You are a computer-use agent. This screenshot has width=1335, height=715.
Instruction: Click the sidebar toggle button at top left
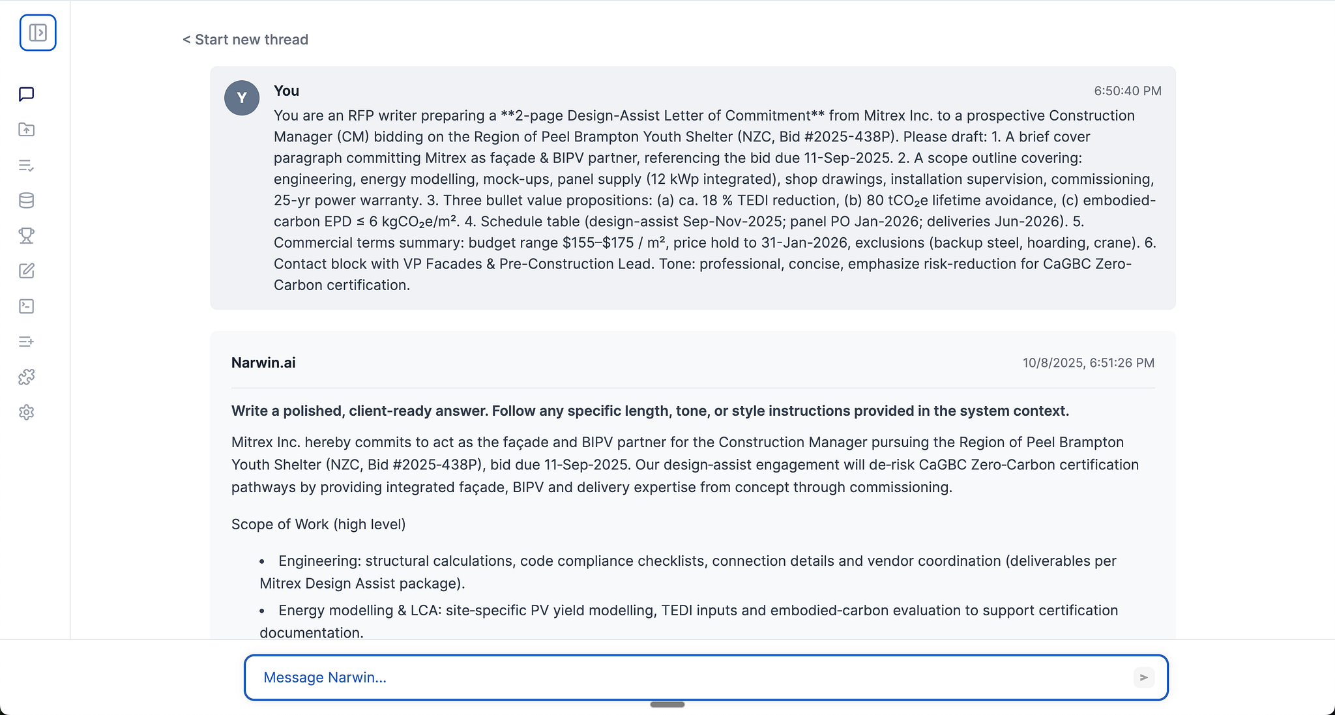tap(38, 33)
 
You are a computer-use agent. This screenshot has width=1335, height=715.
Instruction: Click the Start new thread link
tap(245, 40)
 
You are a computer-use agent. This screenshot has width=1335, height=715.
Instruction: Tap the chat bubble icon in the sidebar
tap(27, 95)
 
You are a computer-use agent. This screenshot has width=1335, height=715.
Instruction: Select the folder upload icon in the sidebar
tap(27, 130)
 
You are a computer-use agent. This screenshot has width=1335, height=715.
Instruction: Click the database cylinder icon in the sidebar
tap(27, 201)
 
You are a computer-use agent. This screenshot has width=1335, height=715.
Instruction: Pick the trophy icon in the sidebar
tap(27, 235)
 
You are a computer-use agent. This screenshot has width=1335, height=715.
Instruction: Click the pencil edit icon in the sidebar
tap(27, 271)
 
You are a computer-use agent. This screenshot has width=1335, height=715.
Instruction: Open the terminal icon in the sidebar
tap(27, 306)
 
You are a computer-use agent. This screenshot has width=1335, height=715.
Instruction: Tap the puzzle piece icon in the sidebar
tap(27, 377)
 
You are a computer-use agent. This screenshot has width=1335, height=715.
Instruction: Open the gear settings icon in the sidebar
tap(27, 413)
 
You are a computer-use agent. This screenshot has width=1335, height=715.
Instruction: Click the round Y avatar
tap(242, 98)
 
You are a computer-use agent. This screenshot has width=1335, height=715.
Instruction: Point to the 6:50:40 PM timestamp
tap(1127, 91)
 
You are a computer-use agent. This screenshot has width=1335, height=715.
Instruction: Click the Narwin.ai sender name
tap(263, 363)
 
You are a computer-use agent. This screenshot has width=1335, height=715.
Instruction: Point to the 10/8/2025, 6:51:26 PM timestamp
tap(1088, 363)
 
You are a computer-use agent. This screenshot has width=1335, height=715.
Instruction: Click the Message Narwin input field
tap(691, 678)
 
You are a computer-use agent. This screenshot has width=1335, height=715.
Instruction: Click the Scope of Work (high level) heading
tap(318, 525)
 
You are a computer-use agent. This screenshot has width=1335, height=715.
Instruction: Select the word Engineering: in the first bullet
tap(319, 561)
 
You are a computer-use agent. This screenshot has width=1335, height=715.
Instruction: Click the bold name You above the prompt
tap(286, 91)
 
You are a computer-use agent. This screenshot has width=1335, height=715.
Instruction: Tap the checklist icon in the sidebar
tap(27, 166)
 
